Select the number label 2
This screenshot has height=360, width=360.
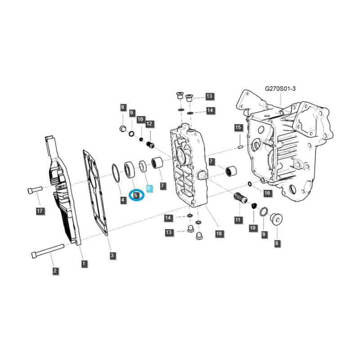[55, 270]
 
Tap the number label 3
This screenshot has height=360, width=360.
[112, 255]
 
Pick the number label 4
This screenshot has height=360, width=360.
[123, 199]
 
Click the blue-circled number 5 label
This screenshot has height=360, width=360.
[136, 195]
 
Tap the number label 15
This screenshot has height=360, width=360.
[238, 128]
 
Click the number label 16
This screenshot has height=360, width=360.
[267, 193]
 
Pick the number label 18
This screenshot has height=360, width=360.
[219, 234]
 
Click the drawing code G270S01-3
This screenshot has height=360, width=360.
[280, 89]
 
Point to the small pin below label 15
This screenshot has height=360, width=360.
[241, 146]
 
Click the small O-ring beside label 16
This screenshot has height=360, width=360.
[250, 183]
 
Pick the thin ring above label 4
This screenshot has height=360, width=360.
[117, 173]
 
